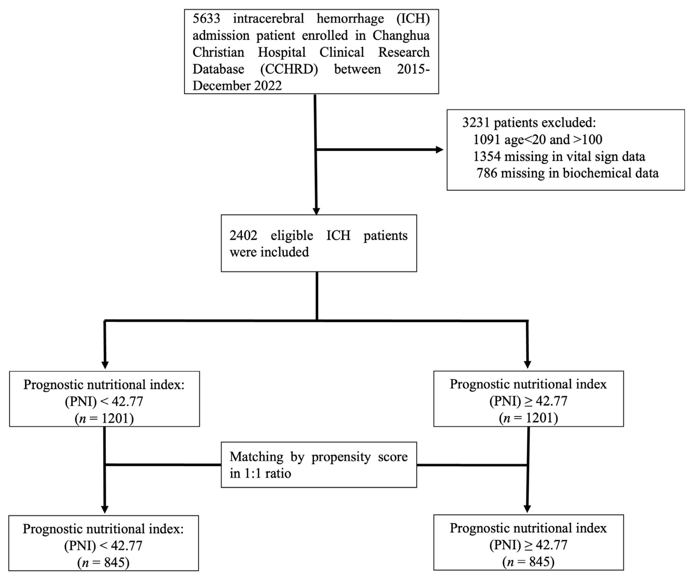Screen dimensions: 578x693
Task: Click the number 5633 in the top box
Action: pyautogui.click(x=206, y=18)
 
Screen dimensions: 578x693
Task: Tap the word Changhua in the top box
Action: pyautogui.click(x=401, y=35)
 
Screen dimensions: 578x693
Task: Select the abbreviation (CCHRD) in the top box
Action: pyautogui.click(x=289, y=69)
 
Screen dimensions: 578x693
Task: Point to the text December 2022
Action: pyautogui.click(x=237, y=86)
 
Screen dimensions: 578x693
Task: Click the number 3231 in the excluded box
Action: pyautogui.click(x=475, y=123)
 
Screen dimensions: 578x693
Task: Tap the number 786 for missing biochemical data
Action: pyautogui.click(x=487, y=173)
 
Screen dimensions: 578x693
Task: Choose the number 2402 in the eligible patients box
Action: pyautogui.click(x=243, y=236)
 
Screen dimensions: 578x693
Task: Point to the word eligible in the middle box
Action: pyautogui.click(x=292, y=236)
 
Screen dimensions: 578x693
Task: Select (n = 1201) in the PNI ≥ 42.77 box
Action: pyautogui.click(x=528, y=418)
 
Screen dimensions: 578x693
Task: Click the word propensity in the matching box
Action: pyautogui.click(x=341, y=457)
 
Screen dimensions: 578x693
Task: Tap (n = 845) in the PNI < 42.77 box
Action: pyautogui.click(x=104, y=563)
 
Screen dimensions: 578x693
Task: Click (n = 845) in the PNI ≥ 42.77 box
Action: pyautogui.click(x=528, y=562)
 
